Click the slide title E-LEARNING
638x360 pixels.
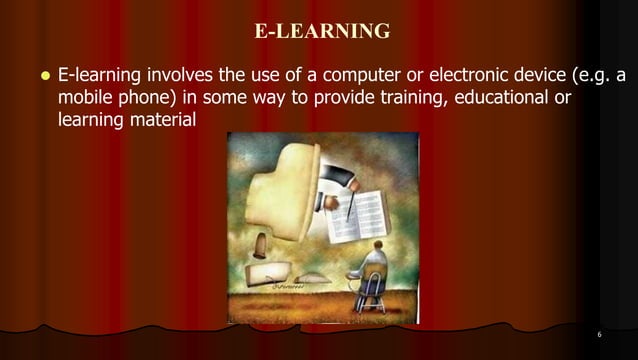click(322, 31)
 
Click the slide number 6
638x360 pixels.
click(597, 334)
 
